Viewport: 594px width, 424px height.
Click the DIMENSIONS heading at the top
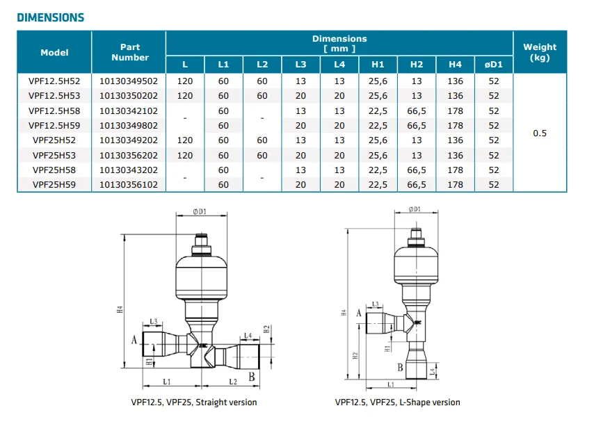point(50,17)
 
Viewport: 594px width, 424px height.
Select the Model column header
point(54,53)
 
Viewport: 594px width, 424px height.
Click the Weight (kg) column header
point(540,52)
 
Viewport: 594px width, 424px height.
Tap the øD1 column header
point(494,65)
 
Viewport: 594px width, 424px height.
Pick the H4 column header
point(455,65)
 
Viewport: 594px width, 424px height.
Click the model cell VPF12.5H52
point(54,81)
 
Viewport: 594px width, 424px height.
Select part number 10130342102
point(129,111)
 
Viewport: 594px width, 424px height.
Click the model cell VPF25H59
point(54,185)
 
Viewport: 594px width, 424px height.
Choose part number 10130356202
point(129,155)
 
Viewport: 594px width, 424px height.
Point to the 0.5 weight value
point(540,133)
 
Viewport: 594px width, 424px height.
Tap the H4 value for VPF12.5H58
point(455,111)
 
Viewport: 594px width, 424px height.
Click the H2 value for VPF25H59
point(416,185)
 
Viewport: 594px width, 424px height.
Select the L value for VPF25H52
point(184,140)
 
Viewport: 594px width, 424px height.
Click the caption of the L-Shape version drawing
point(397,402)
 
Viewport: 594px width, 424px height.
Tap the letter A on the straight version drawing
point(134,339)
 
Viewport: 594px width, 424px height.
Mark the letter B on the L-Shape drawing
point(400,367)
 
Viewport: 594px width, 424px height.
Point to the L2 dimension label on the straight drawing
point(234,382)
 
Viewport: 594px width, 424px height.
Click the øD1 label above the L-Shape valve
point(415,209)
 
